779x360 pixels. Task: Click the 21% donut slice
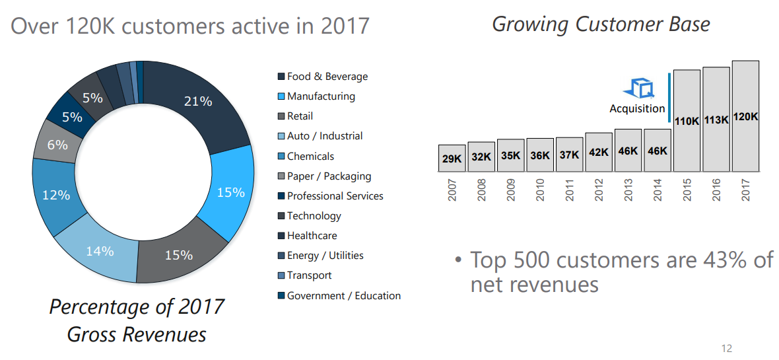coord(198,102)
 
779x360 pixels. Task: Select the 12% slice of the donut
coord(57,195)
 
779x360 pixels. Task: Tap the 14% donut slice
coord(100,252)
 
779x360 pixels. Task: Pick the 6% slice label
coord(57,145)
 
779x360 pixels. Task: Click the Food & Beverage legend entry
coord(327,77)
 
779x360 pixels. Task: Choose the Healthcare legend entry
coord(312,236)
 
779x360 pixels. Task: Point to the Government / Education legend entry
coord(343,296)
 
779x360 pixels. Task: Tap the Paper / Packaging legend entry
coord(329,176)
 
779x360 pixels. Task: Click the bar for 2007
coord(452,158)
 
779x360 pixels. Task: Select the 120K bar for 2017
coord(745,116)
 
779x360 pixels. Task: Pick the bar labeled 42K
coord(599,152)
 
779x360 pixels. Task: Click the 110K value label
coord(687,121)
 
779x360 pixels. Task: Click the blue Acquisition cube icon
coord(638,89)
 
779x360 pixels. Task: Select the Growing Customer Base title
coord(601,24)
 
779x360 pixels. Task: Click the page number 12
coord(727,349)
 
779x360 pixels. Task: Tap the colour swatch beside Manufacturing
coord(281,96)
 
